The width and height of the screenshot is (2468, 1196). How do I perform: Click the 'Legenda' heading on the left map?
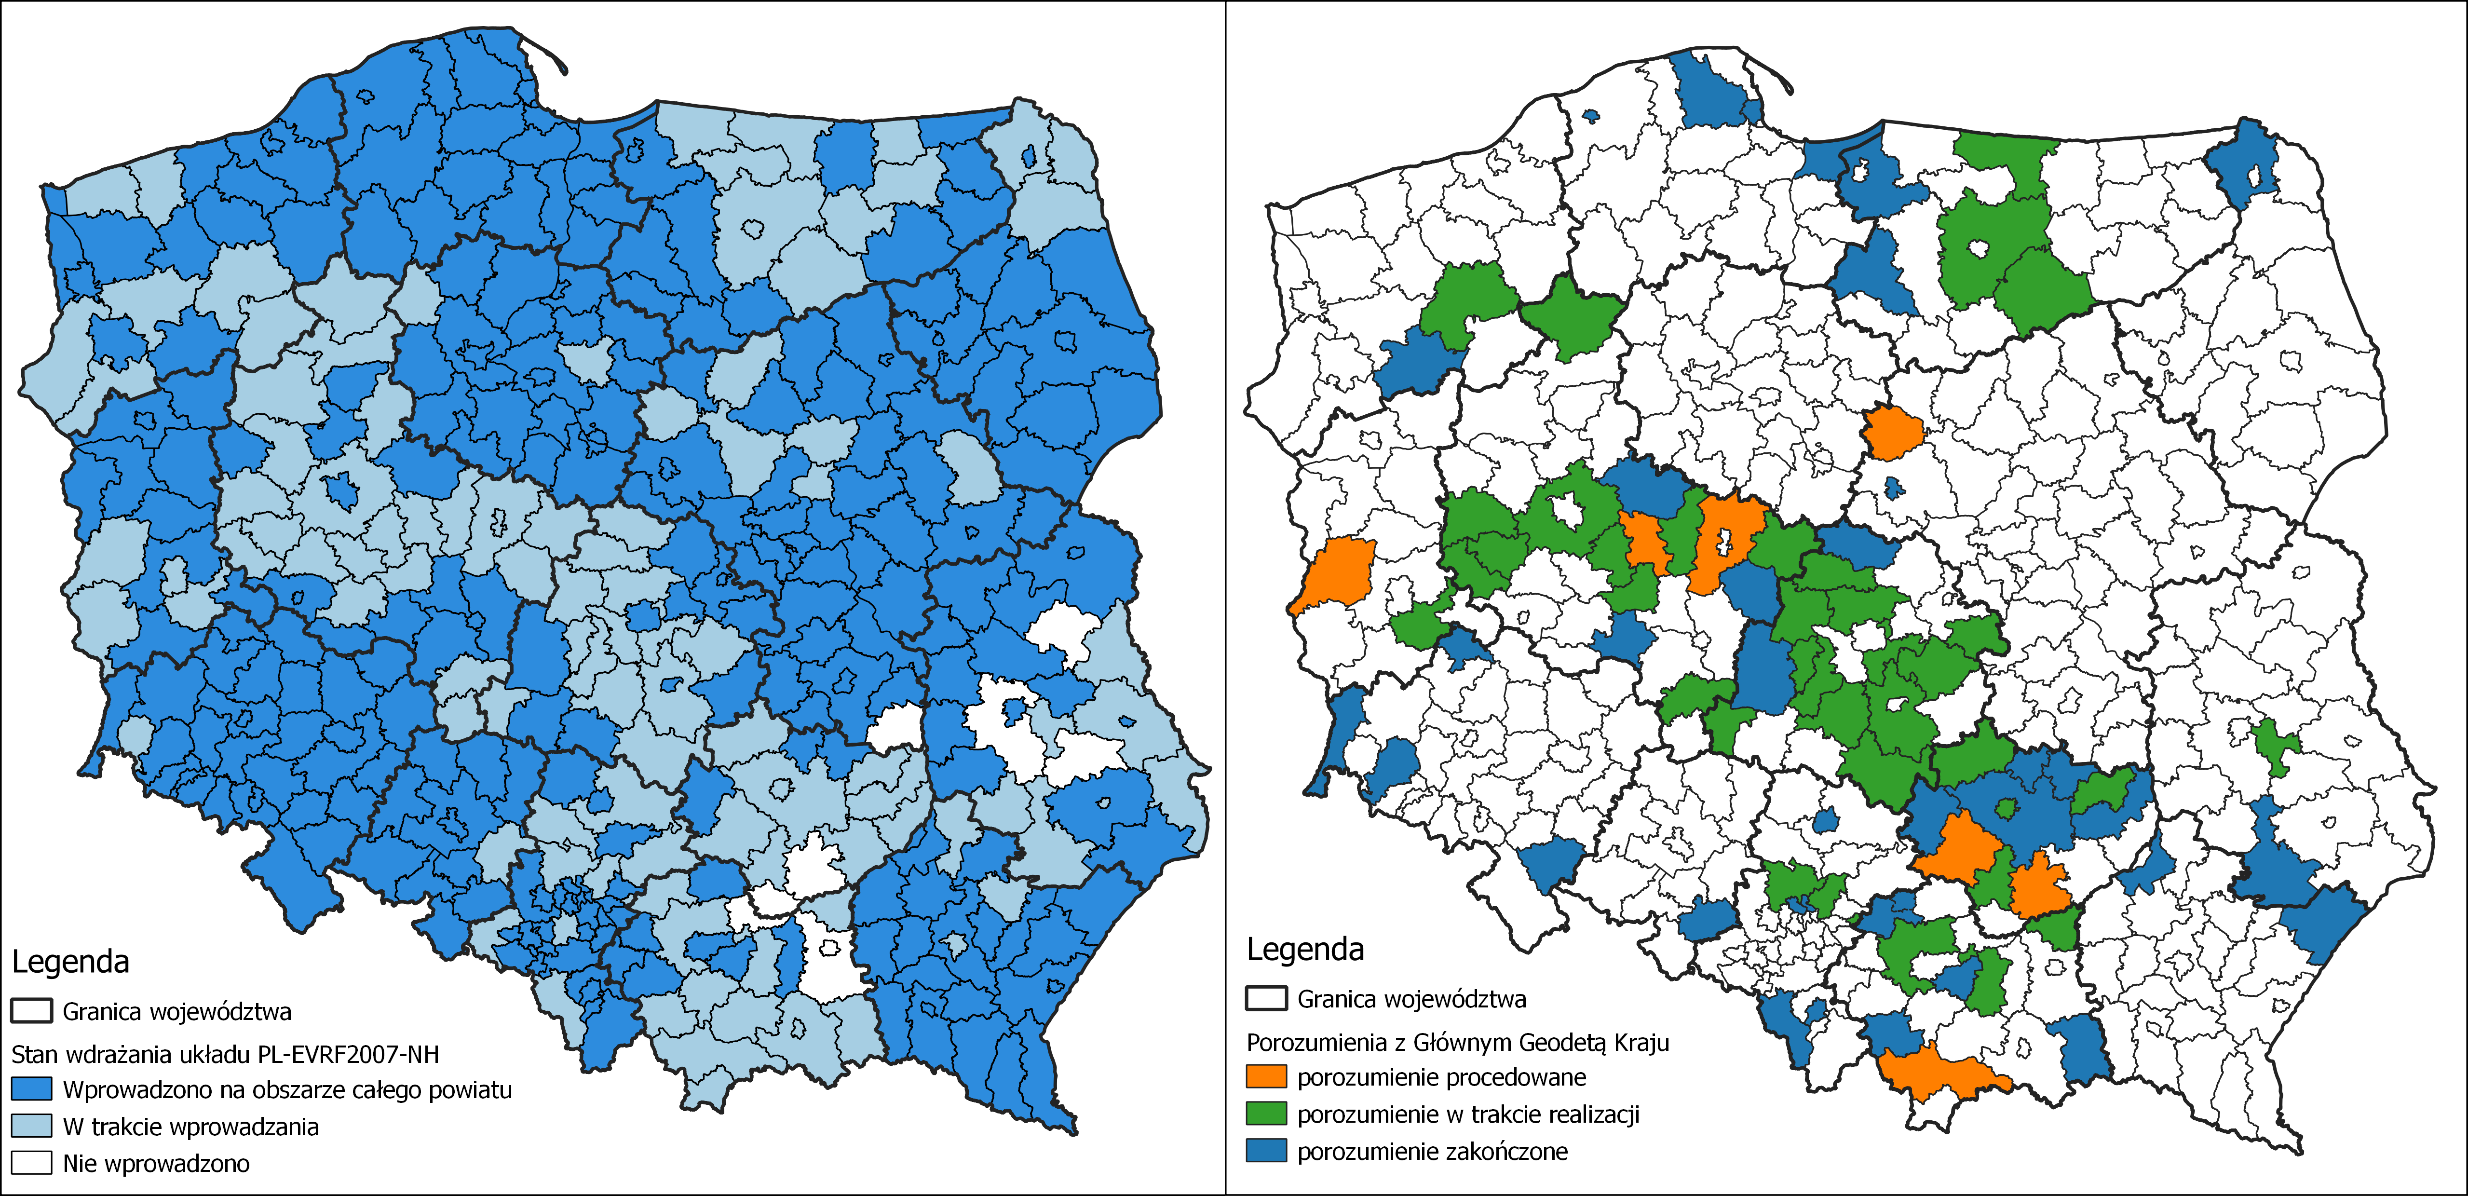pos(70,961)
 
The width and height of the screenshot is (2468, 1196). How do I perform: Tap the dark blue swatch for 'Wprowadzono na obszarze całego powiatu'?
pos(32,1088)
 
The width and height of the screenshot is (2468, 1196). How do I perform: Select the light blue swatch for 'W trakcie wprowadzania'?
pos(32,1126)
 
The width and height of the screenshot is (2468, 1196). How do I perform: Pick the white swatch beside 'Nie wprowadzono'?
pos(32,1162)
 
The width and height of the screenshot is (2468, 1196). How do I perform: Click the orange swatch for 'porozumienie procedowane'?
pos(1266,1076)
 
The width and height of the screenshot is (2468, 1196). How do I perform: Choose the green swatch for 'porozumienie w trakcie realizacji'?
pos(1266,1114)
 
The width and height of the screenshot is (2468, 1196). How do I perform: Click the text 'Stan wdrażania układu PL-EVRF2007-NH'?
pos(225,1054)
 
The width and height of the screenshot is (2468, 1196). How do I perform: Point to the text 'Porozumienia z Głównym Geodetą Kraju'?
pos(1457,1042)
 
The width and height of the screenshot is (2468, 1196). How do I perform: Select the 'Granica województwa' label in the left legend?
pos(177,1011)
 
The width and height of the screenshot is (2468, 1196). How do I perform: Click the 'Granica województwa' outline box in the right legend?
pos(1266,999)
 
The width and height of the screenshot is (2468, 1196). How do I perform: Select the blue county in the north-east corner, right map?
pos(2244,163)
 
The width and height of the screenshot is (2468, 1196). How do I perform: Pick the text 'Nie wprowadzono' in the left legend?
pos(156,1163)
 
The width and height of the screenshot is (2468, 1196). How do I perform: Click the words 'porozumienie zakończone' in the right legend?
pos(1432,1151)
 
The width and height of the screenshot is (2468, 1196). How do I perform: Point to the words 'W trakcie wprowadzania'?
pos(190,1126)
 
